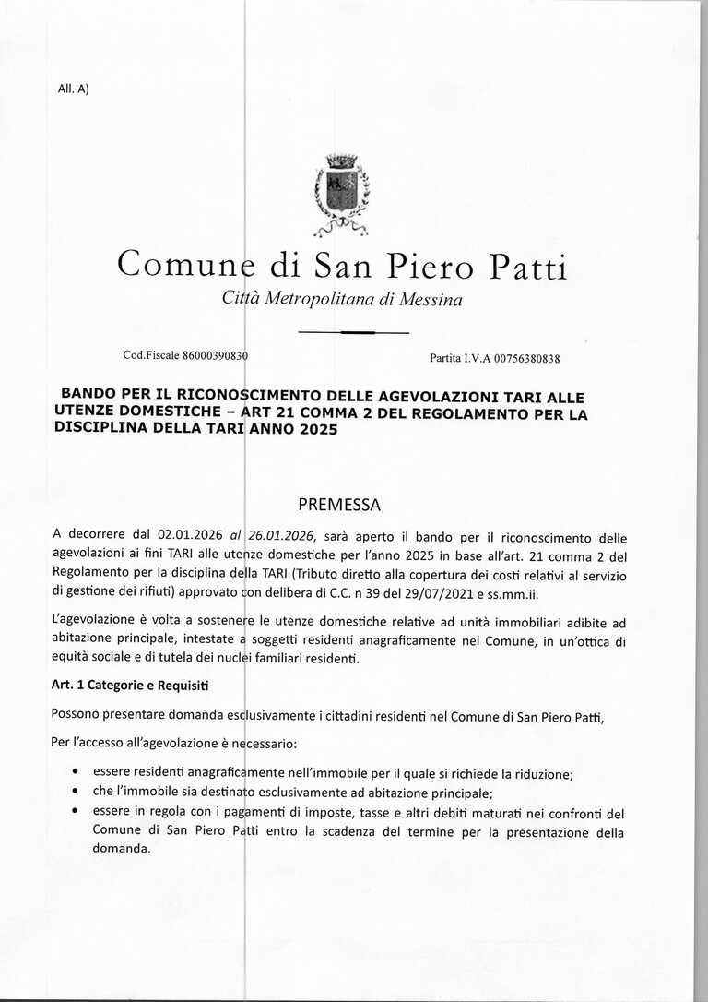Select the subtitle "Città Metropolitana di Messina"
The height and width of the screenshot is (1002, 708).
pyautogui.click(x=342, y=299)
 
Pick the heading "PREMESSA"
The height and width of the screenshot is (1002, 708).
pyautogui.click(x=339, y=505)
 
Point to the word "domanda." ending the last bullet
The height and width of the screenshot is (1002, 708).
pyautogui.click(x=121, y=848)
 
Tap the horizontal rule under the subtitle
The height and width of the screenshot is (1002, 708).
pyautogui.click(x=354, y=331)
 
